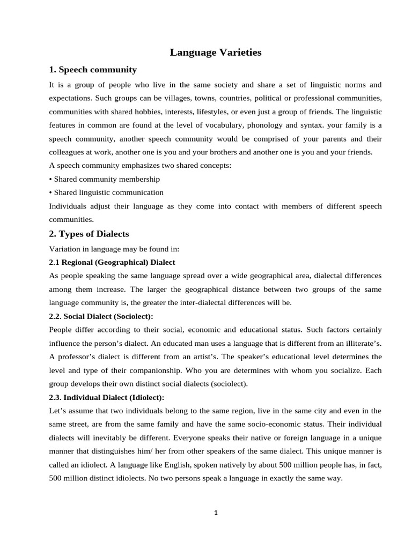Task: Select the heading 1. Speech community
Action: tap(93, 70)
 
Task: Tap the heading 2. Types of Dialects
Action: tap(89, 234)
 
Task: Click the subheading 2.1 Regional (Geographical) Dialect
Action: tap(112, 262)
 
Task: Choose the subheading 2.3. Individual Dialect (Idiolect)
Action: tap(106, 397)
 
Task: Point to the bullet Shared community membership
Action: tap(105, 179)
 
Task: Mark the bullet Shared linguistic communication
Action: tap(106, 192)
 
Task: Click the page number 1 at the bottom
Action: tap(216, 513)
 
